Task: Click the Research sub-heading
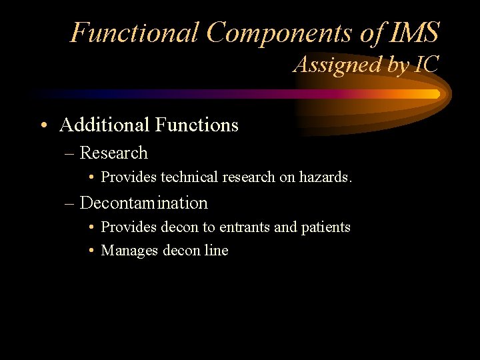point(113,153)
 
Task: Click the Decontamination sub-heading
point(143,203)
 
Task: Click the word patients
point(325,227)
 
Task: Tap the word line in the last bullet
point(216,251)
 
